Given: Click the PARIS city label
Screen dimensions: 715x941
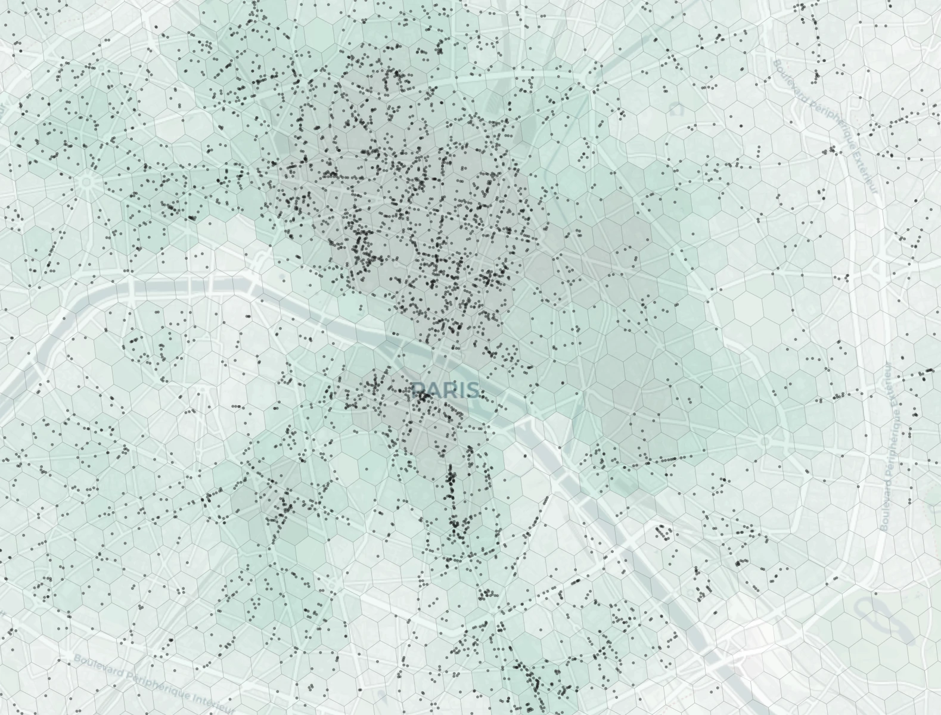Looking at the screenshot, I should pos(445,390).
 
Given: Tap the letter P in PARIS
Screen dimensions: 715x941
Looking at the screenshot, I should pos(418,390).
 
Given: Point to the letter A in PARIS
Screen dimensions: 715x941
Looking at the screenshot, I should pos(431,390).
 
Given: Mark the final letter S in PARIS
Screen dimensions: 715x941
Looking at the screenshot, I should pos(470,390).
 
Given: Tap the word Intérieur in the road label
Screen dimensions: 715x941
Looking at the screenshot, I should pos(212,705).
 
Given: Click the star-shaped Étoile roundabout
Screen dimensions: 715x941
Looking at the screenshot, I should pos(88,181).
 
